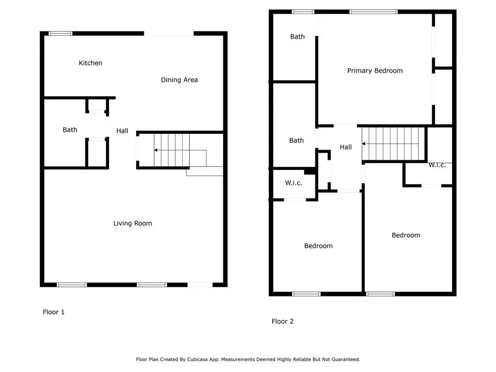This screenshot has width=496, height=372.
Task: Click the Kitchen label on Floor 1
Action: (x=91, y=63)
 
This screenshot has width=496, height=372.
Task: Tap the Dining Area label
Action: (x=179, y=80)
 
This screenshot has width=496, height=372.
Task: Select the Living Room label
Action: (x=133, y=223)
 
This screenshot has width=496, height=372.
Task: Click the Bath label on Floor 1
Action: (x=70, y=130)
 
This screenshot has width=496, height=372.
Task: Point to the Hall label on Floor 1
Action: (x=122, y=131)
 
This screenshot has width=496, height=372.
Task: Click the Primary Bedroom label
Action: (x=375, y=71)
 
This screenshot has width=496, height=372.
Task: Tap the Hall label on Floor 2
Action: (x=346, y=147)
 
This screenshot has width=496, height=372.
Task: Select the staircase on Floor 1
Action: (x=172, y=150)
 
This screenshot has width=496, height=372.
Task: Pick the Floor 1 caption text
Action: (x=54, y=312)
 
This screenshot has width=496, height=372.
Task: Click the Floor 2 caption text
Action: (x=282, y=321)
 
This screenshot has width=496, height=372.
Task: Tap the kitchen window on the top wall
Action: (x=61, y=33)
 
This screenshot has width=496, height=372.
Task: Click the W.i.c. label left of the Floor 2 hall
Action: (x=294, y=183)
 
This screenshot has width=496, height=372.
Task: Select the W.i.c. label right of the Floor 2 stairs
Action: (x=437, y=165)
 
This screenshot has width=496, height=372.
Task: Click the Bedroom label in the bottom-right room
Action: (x=406, y=235)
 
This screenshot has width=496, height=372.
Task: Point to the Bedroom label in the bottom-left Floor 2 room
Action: (x=318, y=246)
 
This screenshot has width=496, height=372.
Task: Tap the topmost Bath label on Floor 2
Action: (x=297, y=37)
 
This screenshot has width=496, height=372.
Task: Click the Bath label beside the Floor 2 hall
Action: (x=296, y=140)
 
